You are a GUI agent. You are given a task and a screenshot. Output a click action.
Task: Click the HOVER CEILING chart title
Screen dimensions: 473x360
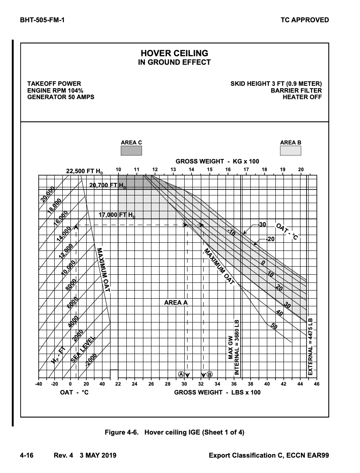(x=174, y=53)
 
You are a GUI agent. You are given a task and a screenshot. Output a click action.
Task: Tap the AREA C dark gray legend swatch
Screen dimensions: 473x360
(x=131, y=151)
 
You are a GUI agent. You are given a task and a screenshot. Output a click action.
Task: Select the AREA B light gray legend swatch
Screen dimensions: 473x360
(x=290, y=151)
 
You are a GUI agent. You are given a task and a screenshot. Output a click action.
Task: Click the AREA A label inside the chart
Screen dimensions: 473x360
(x=176, y=302)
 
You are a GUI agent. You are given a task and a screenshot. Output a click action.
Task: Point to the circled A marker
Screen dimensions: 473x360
(x=181, y=374)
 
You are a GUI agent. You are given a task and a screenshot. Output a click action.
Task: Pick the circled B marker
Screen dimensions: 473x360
(x=210, y=374)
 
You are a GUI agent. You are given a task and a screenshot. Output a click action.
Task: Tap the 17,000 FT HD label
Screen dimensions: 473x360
(x=117, y=215)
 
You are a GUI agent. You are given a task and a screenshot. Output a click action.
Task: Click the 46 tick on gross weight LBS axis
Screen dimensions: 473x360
(x=316, y=384)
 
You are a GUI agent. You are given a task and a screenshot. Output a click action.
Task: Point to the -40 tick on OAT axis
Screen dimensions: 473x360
(x=39, y=384)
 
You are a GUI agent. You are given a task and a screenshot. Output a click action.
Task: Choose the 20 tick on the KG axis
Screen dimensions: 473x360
(x=300, y=169)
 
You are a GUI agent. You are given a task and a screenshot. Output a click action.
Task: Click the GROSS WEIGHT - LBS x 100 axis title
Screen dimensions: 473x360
(x=217, y=392)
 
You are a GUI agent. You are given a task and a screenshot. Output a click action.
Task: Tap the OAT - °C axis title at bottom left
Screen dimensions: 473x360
(x=71, y=392)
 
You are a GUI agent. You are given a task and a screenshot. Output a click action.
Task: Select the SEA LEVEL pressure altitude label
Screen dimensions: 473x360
(x=83, y=349)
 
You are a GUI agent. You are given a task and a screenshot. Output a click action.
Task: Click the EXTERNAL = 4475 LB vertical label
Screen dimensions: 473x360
(x=311, y=347)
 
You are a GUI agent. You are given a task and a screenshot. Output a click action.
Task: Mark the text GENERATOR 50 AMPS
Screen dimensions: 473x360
(x=61, y=97)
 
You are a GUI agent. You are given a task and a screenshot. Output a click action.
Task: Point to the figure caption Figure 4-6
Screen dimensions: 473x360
(x=175, y=432)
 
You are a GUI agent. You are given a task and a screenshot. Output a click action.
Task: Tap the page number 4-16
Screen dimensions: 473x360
(x=27, y=456)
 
